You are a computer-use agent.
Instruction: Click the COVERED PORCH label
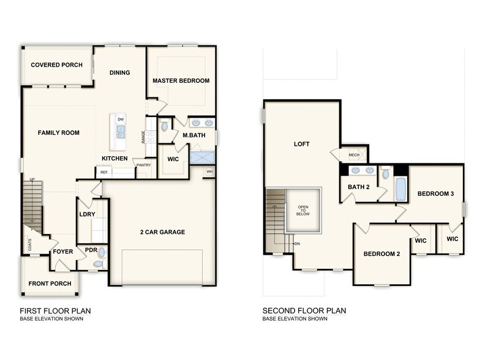56,65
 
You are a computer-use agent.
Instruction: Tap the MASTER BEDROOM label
181,81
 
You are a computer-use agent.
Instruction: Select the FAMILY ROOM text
58,133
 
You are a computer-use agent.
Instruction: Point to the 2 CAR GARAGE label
162,232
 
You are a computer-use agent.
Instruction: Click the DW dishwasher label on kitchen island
121,119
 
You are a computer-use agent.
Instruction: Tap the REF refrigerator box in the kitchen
104,173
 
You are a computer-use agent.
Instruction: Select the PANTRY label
144,165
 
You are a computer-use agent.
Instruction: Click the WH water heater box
209,171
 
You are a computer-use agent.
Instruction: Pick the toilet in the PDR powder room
101,252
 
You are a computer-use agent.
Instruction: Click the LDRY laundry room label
86,214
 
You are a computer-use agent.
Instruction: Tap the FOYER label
62,252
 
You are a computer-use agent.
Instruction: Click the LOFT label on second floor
301,144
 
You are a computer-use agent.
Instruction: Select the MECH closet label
354,155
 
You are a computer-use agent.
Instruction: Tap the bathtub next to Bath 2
400,189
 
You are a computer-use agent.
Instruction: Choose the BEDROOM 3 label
435,194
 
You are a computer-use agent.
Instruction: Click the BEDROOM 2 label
381,253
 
